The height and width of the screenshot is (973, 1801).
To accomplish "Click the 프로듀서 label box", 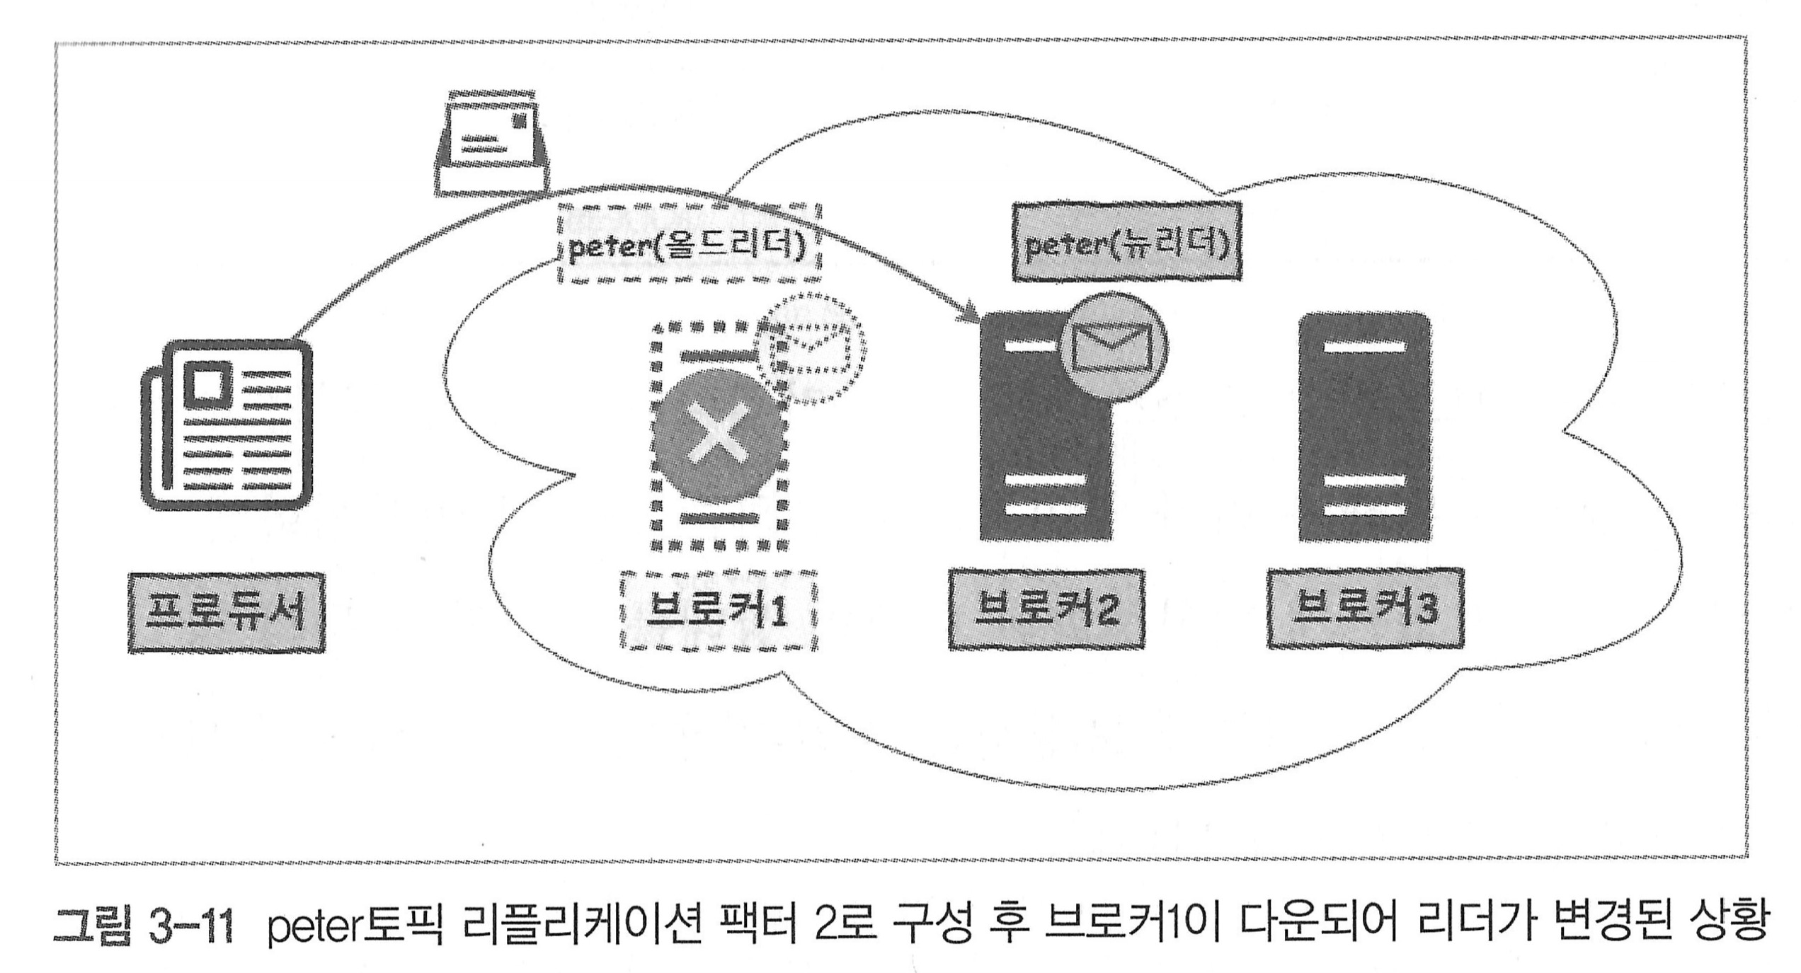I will (x=226, y=612).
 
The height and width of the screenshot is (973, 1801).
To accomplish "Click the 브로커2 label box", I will (x=1046, y=609).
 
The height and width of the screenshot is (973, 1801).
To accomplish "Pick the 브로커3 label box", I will (x=1364, y=607).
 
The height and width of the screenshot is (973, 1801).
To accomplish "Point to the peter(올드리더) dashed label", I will (x=689, y=244).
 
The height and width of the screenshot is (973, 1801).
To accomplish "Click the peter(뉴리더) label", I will (x=1126, y=242).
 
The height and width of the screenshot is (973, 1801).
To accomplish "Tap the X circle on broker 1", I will (x=719, y=428).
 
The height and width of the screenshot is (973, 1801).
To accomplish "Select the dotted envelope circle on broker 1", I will (x=811, y=349).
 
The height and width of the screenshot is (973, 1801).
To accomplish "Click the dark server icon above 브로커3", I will (x=1364, y=427).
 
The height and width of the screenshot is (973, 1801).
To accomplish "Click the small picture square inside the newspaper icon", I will (x=207, y=382).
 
